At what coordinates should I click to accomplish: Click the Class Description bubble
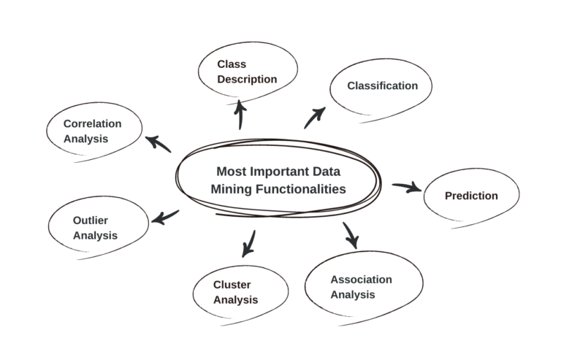click(x=248, y=72)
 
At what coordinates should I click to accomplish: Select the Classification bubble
click(x=381, y=86)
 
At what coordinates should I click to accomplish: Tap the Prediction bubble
click(x=471, y=196)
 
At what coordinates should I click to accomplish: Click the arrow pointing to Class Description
click(x=240, y=115)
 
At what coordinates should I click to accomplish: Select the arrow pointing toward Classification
click(x=315, y=117)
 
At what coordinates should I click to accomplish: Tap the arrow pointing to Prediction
click(x=407, y=188)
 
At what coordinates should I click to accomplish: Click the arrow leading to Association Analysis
click(x=351, y=234)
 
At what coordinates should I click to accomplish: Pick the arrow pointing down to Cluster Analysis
click(x=249, y=243)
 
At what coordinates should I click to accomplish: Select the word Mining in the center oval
click(x=228, y=188)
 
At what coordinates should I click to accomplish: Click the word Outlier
click(x=91, y=220)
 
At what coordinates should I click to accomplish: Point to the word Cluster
click(x=232, y=285)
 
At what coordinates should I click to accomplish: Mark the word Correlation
click(x=92, y=123)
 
